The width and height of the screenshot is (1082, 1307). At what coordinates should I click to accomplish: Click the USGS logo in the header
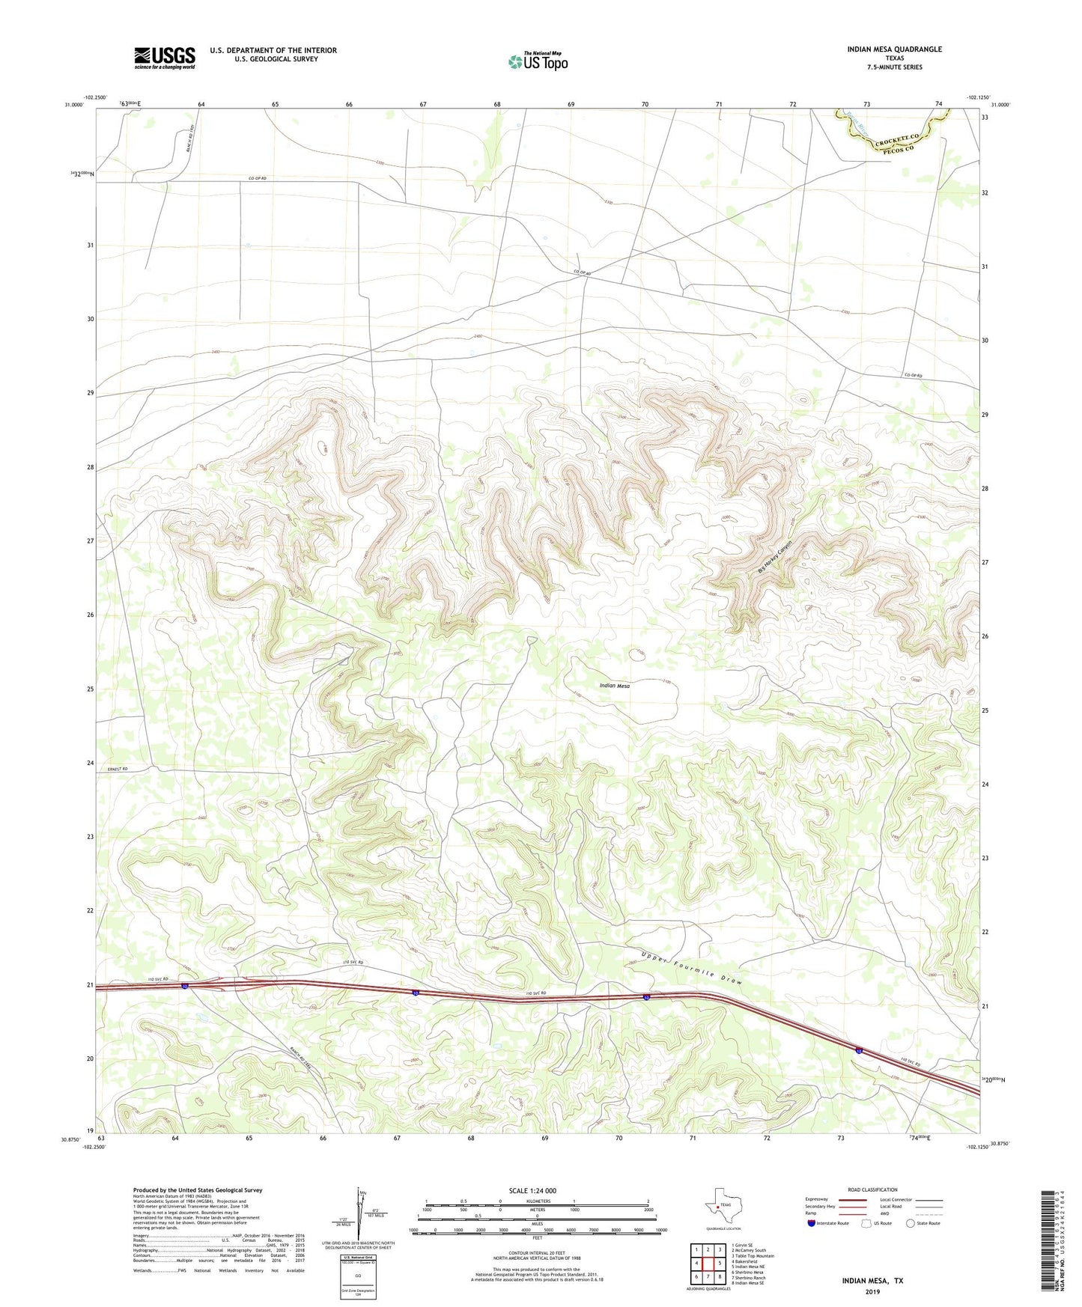click(x=165, y=58)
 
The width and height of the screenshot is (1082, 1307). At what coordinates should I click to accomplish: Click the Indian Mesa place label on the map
click(x=615, y=686)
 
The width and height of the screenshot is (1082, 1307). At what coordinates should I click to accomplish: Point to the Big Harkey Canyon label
click(x=774, y=558)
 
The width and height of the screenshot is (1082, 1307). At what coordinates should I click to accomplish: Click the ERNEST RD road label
click(x=118, y=769)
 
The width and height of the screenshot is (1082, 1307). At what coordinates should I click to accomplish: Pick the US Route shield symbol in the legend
click(x=866, y=1223)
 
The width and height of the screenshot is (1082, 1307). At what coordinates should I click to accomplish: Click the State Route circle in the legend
click(x=910, y=1223)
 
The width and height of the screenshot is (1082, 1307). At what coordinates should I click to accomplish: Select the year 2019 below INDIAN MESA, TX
click(x=872, y=1292)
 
